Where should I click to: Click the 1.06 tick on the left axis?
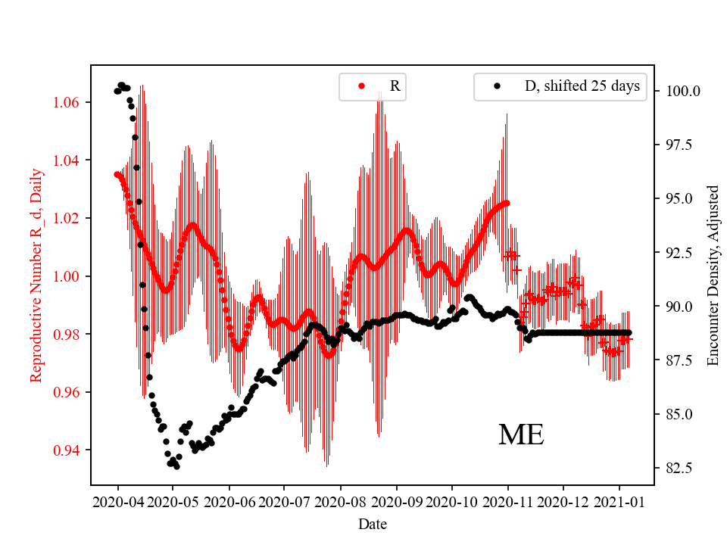70,102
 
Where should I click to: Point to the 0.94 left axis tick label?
70,450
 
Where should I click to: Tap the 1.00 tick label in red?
70,276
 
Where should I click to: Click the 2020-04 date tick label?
117,501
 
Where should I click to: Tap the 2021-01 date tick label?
619,501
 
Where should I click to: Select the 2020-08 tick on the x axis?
340,501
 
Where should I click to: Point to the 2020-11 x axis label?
507,501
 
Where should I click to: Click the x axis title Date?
372,524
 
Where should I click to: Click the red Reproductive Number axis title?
36,275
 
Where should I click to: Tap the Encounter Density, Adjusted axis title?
713,275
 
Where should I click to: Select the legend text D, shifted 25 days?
582,86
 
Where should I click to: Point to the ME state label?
521,434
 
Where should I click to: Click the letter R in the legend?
395,86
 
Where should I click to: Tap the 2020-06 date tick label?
229,501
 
